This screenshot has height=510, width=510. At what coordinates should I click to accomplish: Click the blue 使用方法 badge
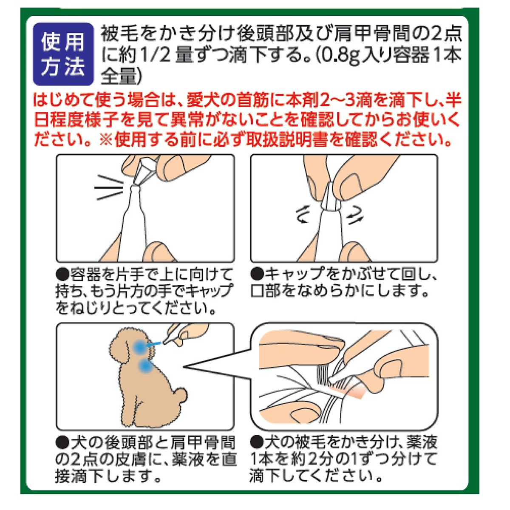[63, 54]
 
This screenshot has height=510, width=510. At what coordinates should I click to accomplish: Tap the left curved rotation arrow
[301, 215]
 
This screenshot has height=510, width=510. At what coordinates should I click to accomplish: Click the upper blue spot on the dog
[139, 347]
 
